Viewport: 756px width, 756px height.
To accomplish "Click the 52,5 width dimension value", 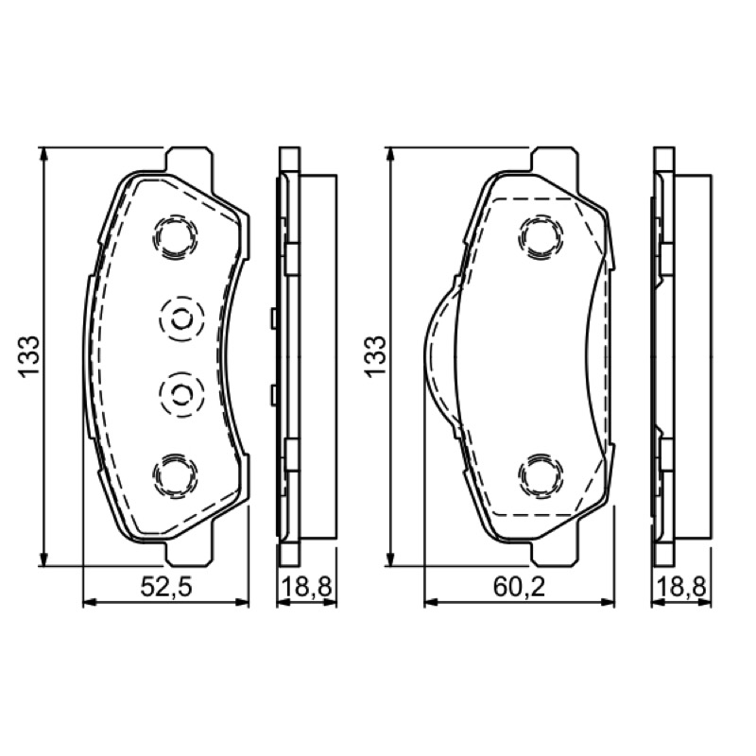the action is point(166,587).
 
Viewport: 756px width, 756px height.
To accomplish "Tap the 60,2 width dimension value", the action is point(519,587).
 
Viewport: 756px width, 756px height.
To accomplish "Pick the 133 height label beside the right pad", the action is point(375,356).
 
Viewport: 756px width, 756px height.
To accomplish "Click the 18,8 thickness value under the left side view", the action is point(306,587).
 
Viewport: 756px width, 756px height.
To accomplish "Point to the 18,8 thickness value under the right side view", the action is point(680,587).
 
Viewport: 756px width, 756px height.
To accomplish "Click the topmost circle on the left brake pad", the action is point(175,237).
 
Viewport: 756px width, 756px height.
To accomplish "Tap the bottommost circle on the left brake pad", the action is point(175,474).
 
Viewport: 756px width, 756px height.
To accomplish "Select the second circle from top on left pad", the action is point(181,318).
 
